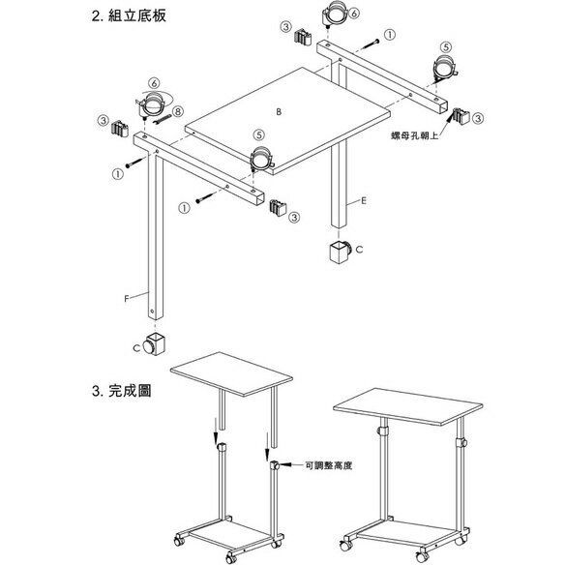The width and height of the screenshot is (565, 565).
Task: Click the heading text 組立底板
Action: tap(137, 16)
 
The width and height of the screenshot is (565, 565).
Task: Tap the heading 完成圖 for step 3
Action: tap(130, 391)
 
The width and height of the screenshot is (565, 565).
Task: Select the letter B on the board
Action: tap(279, 112)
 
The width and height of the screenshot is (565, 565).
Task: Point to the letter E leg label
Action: tap(364, 200)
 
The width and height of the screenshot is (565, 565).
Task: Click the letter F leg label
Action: tap(127, 299)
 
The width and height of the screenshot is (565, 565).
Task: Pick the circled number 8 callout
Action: tap(178, 111)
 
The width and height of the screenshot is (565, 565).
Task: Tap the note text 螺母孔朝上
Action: tap(414, 135)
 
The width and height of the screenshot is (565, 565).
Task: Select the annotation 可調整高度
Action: tap(328, 465)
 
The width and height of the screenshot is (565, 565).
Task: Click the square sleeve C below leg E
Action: tap(341, 252)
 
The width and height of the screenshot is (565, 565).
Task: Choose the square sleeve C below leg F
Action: tap(155, 344)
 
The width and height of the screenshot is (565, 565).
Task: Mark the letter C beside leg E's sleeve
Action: tap(359, 250)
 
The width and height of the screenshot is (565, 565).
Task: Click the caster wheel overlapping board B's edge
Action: tap(262, 159)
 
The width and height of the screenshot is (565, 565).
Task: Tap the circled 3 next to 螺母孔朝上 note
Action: tap(478, 118)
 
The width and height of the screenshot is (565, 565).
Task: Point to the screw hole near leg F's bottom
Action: tap(153, 311)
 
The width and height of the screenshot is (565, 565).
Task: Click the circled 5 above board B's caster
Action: tap(259, 135)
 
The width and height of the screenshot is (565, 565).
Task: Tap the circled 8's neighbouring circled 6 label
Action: tap(154, 83)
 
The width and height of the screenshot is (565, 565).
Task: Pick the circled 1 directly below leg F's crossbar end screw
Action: tap(117, 174)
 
